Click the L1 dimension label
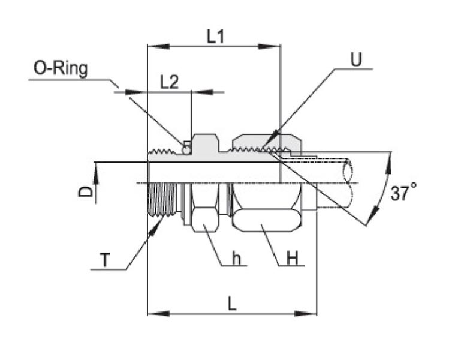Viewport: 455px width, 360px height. [x=215, y=37]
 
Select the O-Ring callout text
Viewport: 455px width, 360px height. [x=61, y=69]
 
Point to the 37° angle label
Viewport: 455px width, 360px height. [x=403, y=193]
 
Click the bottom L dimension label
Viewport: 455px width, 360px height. [x=231, y=303]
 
